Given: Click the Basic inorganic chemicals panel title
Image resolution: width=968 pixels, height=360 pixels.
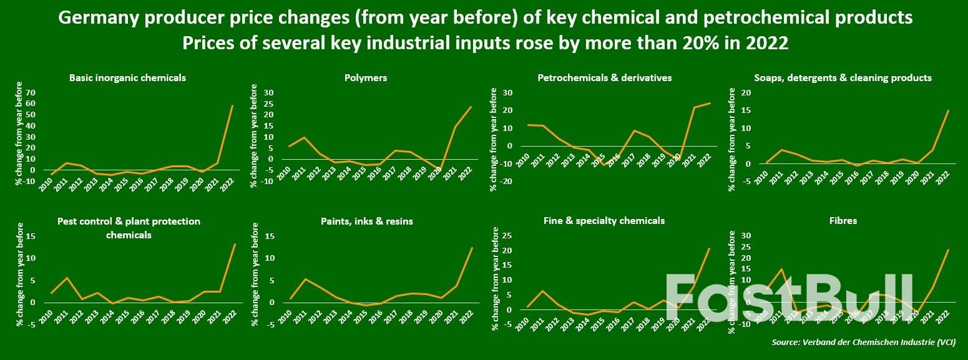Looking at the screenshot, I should pos(127,78).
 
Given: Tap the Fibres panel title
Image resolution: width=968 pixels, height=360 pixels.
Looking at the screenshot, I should pos(844,221).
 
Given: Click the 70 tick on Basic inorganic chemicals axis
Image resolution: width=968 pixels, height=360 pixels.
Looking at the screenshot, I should pos(30,93).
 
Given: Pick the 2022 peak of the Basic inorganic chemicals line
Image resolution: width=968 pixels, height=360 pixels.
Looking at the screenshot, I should pos(233,105).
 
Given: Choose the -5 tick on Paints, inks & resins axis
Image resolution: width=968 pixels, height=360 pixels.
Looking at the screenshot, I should pos(270,324).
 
